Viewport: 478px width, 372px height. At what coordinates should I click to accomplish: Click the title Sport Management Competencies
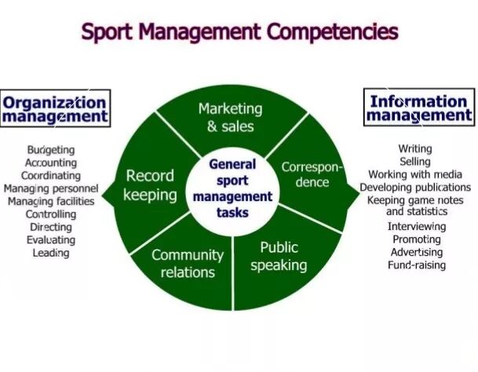pyautogui.click(x=239, y=32)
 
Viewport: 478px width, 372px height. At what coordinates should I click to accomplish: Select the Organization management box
pyautogui.click(x=55, y=108)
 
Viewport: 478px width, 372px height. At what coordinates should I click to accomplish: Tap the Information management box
pyautogui.click(x=419, y=107)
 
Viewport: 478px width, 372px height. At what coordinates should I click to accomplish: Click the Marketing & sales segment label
pyautogui.click(x=231, y=118)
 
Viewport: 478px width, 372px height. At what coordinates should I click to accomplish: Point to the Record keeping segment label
pyautogui.click(x=150, y=185)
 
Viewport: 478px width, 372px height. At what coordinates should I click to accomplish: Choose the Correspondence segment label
pyautogui.click(x=312, y=174)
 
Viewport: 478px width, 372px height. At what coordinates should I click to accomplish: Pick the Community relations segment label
pyautogui.click(x=188, y=264)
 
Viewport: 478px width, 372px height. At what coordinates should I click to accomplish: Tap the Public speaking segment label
pyautogui.click(x=279, y=256)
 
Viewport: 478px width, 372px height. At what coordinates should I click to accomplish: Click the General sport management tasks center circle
pyautogui.click(x=232, y=188)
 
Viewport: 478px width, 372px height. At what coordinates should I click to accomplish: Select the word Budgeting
pyautogui.click(x=51, y=150)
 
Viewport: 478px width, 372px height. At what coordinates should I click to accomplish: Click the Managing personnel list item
pyautogui.click(x=51, y=188)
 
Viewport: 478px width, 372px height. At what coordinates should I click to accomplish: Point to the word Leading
pyautogui.click(x=51, y=253)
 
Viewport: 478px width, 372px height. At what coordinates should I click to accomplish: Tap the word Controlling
pyautogui.click(x=51, y=214)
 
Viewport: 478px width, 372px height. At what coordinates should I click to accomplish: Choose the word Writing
pyautogui.click(x=415, y=149)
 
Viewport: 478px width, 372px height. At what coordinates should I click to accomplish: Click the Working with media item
pyautogui.click(x=415, y=174)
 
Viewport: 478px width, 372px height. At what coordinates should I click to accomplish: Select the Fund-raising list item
pyautogui.click(x=417, y=264)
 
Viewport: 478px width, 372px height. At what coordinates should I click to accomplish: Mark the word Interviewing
pyautogui.click(x=417, y=226)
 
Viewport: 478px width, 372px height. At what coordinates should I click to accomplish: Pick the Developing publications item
pyautogui.click(x=415, y=188)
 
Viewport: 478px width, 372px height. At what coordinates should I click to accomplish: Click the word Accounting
pyautogui.click(x=51, y=162)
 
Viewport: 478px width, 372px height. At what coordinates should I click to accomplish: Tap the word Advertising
pyautogui.click(x=417, y=252)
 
